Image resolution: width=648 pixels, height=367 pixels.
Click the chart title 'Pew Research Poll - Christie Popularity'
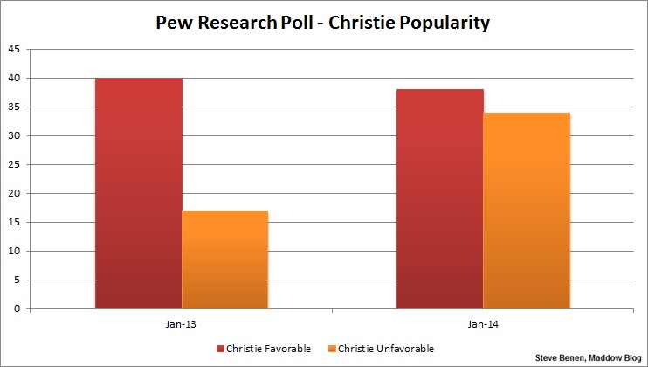click(x=324, y=22)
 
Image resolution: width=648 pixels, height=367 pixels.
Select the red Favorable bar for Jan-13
click(x=139, y=193)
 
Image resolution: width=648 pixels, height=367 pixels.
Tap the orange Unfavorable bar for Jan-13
click(x=224, y=260)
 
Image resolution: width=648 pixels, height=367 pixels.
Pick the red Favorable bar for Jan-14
click(x=439, y=199)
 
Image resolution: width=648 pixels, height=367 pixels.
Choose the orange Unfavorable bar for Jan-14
click(x=527, y=211)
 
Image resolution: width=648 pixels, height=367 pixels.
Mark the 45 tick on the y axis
click(x=13, y=49)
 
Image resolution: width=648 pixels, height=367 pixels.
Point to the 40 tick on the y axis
click(x=13, y=78)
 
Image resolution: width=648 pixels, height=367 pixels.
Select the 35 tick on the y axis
click(x=13, y=107)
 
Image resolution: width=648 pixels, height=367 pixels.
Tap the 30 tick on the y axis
click(x=13, y=135)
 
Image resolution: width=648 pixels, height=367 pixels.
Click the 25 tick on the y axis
click(x=13, y=164)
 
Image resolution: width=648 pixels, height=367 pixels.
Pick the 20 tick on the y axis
click(x=13, y=193)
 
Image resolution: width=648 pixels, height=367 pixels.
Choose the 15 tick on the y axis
click(x=13, y=222)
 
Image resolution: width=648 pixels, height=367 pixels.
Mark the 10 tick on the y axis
click(x=13, y=251)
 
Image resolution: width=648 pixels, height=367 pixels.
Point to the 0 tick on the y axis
click(x=16, y=308)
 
